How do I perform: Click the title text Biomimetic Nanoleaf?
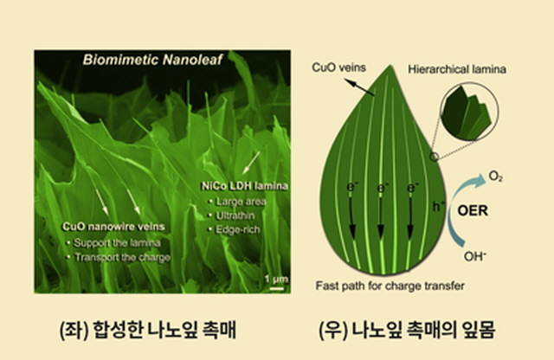pos(152,60)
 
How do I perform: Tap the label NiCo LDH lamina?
pos(244,186)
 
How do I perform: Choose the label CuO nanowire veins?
pos(113,227)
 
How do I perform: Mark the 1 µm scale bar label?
pos(276,280)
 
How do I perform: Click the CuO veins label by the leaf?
pos(338,67)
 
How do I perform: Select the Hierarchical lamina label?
pos(457,69)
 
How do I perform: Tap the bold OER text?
pos(473,210)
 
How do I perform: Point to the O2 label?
pos(495,176)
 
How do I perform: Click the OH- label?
pos(475,256)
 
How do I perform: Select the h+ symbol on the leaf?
pos(439,206)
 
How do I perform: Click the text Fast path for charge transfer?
pos(390,286)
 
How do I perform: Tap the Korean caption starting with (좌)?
pos(148,330)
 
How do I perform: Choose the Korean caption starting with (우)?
pos(407,330)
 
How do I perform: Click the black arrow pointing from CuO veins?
pos(360,87)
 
